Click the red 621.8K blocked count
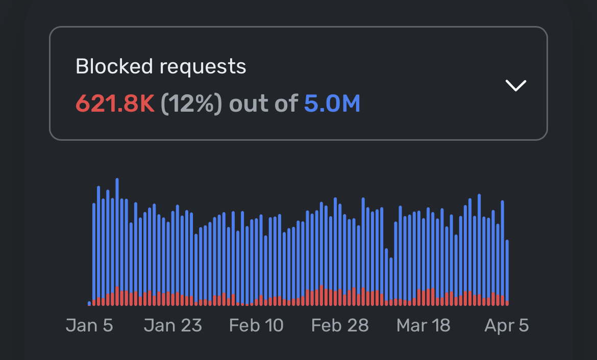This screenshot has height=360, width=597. pyautogui.click(x=115, y=104)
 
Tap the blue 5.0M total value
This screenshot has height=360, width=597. pyautogui.click(x=332, y=104)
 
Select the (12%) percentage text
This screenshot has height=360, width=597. pyautogui.click(x=191, y=104)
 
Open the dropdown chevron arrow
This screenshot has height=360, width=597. pyautogui.click(x=515, y=85)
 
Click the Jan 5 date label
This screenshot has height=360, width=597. pyautogui.click(x=89, y=325)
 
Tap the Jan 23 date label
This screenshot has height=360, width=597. pyautogui.click(x=172, y=325)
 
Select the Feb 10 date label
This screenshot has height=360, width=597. pyautogui.click(x=256, y=325)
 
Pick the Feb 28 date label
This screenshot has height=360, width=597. pyautogui.click(x=340, y=325)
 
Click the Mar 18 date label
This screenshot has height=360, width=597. pyautogui.click(x=424, y=325)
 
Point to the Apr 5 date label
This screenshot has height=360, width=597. pyautogui.click(x=506, y=325)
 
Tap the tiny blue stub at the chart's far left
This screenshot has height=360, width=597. pyautogui.click(x=89, y=303)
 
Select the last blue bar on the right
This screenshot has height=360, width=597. pyautogui.click(x=507, y=270)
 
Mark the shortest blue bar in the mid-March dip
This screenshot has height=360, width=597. pyautogui.click(x=391, y=280)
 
